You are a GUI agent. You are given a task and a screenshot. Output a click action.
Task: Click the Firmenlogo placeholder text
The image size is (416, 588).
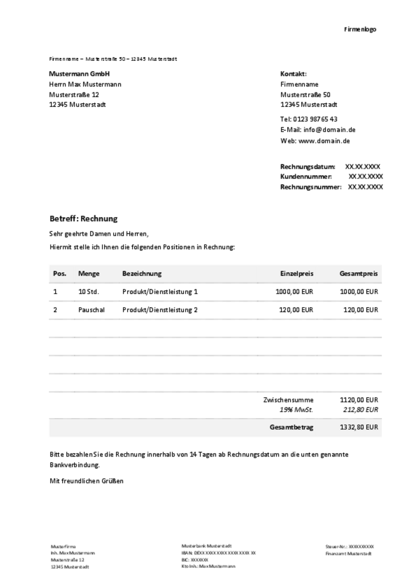click(360, 29)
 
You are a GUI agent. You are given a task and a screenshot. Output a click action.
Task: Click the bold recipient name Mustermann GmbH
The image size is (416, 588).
click(79, 74)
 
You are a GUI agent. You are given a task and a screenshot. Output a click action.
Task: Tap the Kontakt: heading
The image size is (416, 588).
click(294, 74)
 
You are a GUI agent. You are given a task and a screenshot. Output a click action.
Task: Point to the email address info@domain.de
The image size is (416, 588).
click(329, 130)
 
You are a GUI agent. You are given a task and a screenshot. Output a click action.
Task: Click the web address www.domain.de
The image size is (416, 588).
click(324, 141)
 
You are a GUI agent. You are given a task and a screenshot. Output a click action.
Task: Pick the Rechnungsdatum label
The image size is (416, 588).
click(307, 167)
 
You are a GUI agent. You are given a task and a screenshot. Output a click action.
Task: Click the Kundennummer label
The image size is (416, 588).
click(306, 177)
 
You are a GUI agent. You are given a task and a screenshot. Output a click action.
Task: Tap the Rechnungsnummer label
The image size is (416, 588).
click(310, 187)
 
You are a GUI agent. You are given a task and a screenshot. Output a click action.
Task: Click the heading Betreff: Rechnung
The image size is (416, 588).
click(83, 219)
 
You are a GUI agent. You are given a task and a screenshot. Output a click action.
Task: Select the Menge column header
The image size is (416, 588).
click(88, 274)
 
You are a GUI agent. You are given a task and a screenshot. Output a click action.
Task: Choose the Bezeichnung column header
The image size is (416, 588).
click(142, 274)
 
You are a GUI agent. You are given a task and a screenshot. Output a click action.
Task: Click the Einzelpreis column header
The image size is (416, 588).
click(296, 274)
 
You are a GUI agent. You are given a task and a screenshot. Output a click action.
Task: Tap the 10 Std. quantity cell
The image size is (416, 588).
click(88, 292)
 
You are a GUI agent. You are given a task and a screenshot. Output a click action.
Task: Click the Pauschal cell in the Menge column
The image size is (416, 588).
click(91, 310)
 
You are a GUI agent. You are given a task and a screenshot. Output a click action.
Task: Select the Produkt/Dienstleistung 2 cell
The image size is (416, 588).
click(160, 310)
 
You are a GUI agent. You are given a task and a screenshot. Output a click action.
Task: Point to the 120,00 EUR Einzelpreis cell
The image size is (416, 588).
click(296, 310)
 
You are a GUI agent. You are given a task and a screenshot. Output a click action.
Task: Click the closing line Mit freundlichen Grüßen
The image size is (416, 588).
click(86, 481)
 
